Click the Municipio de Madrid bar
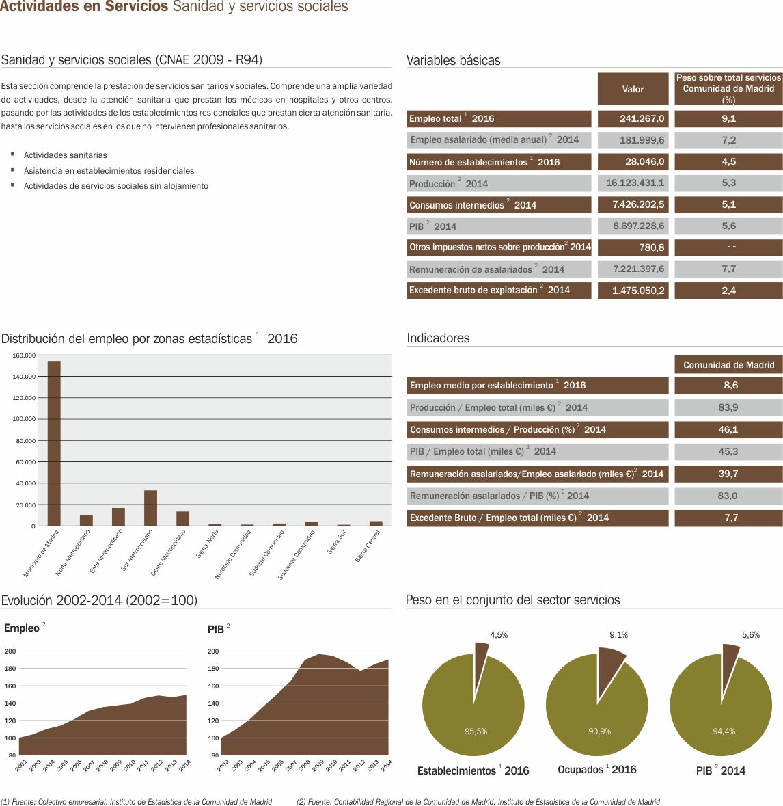[x=54, y=443]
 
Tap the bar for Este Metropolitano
[x=118, y=517]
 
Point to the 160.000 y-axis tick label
[x=24, y=355]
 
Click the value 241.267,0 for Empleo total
[x=633, y=118]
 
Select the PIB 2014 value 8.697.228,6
[x=633, y=226]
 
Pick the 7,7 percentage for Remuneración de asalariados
[x=728, y=269]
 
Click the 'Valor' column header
[x=633, y=89]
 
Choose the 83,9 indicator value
[x=728, y=407]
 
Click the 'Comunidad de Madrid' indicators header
[x=728, y=365]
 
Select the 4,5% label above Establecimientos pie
[x=499, y=635]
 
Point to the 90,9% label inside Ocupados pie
[x=599, y=731]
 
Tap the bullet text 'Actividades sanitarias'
[x=66, y=155]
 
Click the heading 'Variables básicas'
[x=453, y=60]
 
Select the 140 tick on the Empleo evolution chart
[x=10, y=703]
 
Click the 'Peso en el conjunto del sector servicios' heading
[x=512, y=600]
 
